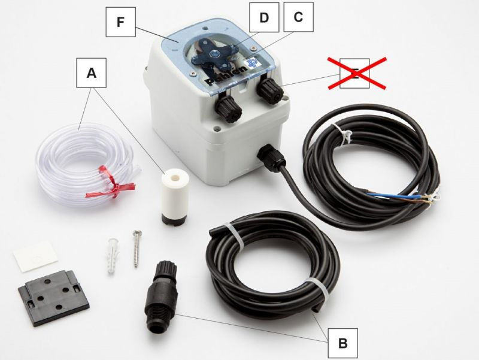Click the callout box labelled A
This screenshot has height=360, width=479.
[x=92, y=74]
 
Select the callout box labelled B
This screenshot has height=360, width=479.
[x=342, y=343]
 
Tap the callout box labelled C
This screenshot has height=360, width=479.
[x=298, y=17]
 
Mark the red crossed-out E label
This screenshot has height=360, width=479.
[x=355, y=74]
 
